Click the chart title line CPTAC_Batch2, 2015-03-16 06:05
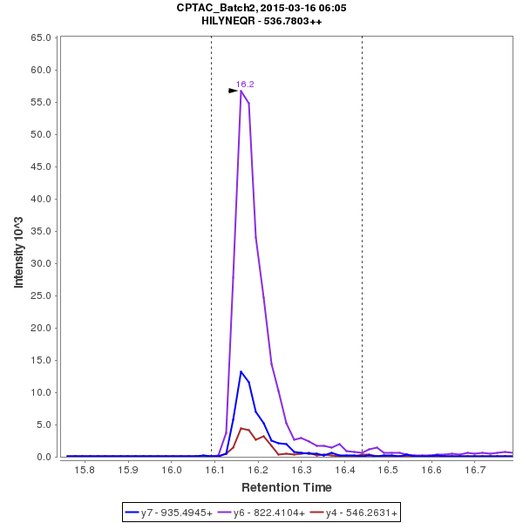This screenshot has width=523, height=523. coord(261,7)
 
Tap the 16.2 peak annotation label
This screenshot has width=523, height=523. coord(245,84)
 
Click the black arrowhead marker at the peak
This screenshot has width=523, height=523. coord(234,91)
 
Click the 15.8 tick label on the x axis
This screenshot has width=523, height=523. coord(85,470)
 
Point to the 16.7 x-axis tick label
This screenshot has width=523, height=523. coord(474,470)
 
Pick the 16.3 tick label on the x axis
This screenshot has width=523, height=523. coord(301,470)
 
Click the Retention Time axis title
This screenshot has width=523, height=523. coord(286,486)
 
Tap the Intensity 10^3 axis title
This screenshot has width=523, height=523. coord(18,248)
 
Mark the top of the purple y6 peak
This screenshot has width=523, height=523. coord(241,91)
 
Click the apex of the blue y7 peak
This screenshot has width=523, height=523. coord(241,371)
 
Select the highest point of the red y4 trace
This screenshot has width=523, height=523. coord(241,427)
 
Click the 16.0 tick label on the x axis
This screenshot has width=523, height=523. coord(171,470)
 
